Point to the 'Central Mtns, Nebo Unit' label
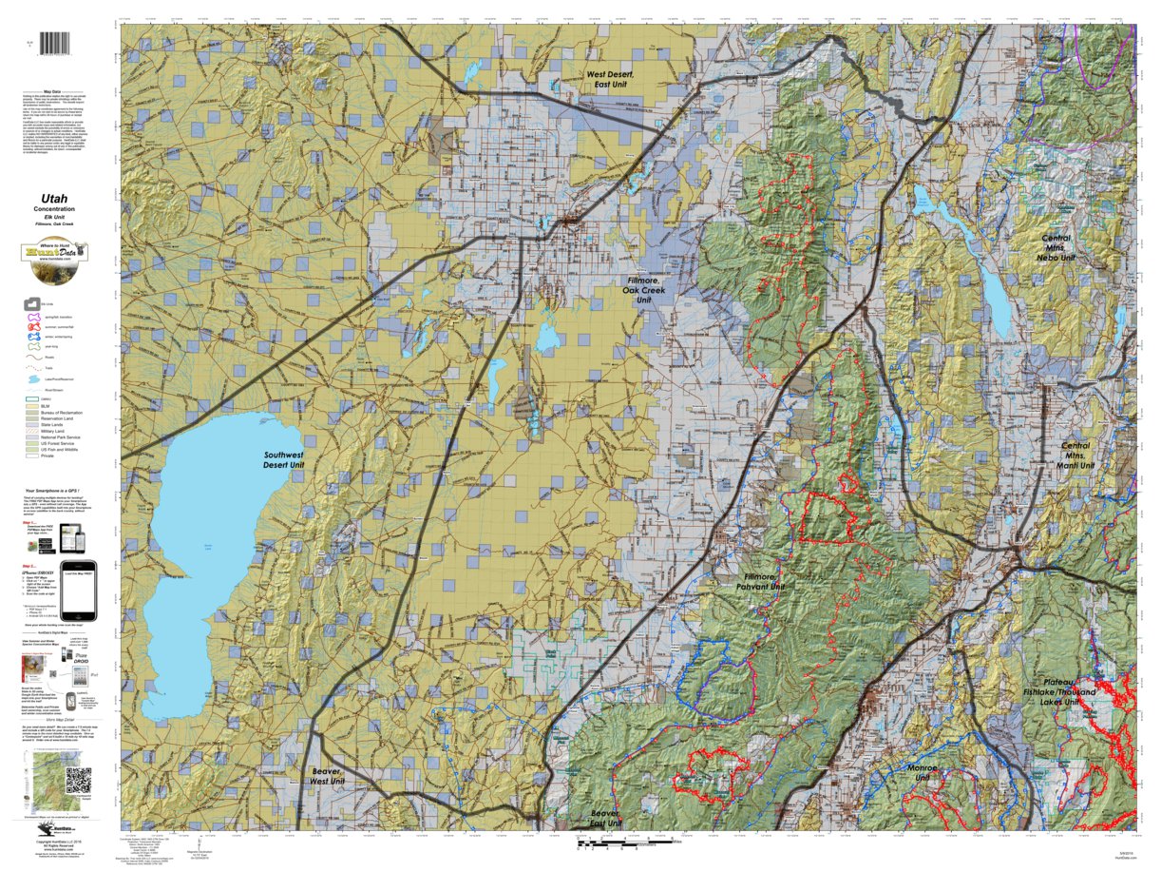click(x=1056, y=248)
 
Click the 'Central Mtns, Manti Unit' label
click(x=1075, y=455)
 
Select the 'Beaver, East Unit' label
click(x=604, y=819)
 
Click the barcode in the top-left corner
click(x=61, y=45)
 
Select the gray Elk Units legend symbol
click(x=29, y=303)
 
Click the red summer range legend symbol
click(x=29, y=328)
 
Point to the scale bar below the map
click(x=627, y=842)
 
